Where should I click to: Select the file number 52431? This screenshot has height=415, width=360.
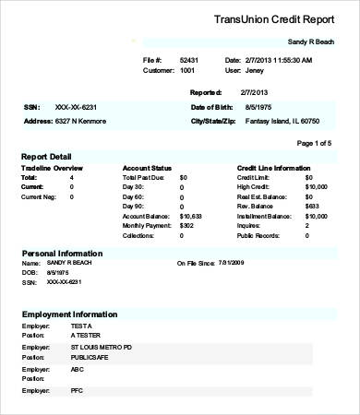(189, 60)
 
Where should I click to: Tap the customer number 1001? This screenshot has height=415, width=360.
(187, 70)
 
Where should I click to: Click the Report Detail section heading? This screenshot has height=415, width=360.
(46, 157)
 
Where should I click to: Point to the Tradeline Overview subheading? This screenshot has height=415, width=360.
(52, 168)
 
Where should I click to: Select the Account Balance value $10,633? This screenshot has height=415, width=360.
(190, 215)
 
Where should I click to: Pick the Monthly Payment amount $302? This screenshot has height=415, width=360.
(186, 225)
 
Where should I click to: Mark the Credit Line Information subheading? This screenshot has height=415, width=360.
(274, 168)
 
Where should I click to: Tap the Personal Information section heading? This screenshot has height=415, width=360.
(62, 253)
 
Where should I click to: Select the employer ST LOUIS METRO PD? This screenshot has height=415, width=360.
(102, 347)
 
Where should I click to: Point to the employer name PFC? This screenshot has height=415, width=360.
(77, 391)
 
